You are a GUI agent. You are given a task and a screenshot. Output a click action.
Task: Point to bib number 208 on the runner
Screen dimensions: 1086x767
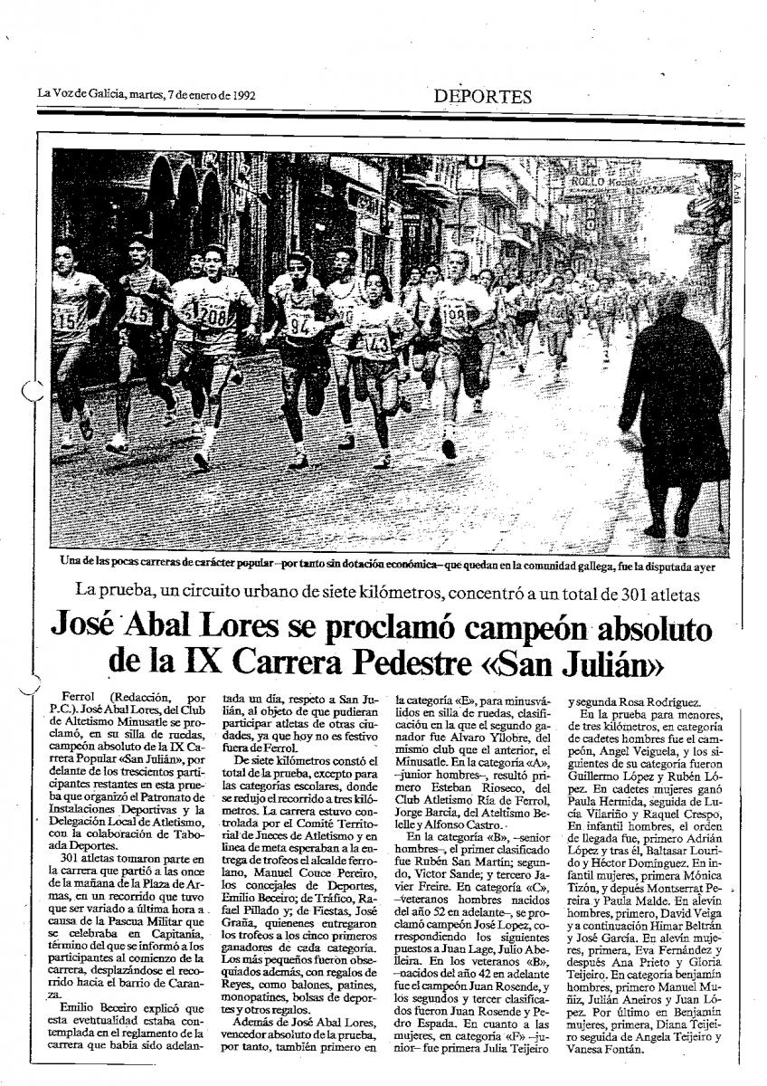pyautogui.click(x=213, y=317)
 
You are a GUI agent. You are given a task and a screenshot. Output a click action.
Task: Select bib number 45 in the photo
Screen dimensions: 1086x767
pyautogui.click(x=138, y=313)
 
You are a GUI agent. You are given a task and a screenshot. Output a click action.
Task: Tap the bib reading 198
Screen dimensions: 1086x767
pyautogui.click(x=454, y=316)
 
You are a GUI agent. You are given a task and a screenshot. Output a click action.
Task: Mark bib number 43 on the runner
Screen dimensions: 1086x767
pyautogui.click(x=378, y=344)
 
